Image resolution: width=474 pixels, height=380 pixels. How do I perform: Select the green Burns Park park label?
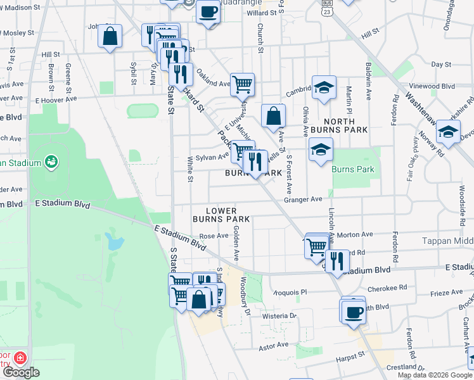(x=353, y=169)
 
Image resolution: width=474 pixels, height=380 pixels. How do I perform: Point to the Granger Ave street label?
(x=303, y=199)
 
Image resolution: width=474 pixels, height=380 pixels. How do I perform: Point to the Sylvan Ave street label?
(x=203, y=157)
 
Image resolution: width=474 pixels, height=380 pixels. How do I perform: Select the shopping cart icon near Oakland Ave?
(x=242, y=84)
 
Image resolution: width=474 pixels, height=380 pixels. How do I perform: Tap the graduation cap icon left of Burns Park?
(x=321, y=150)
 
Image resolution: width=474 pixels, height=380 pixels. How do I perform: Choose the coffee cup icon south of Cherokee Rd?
(x=353, y=311)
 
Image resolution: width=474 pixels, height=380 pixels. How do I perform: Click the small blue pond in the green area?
(x=114, y=241)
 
